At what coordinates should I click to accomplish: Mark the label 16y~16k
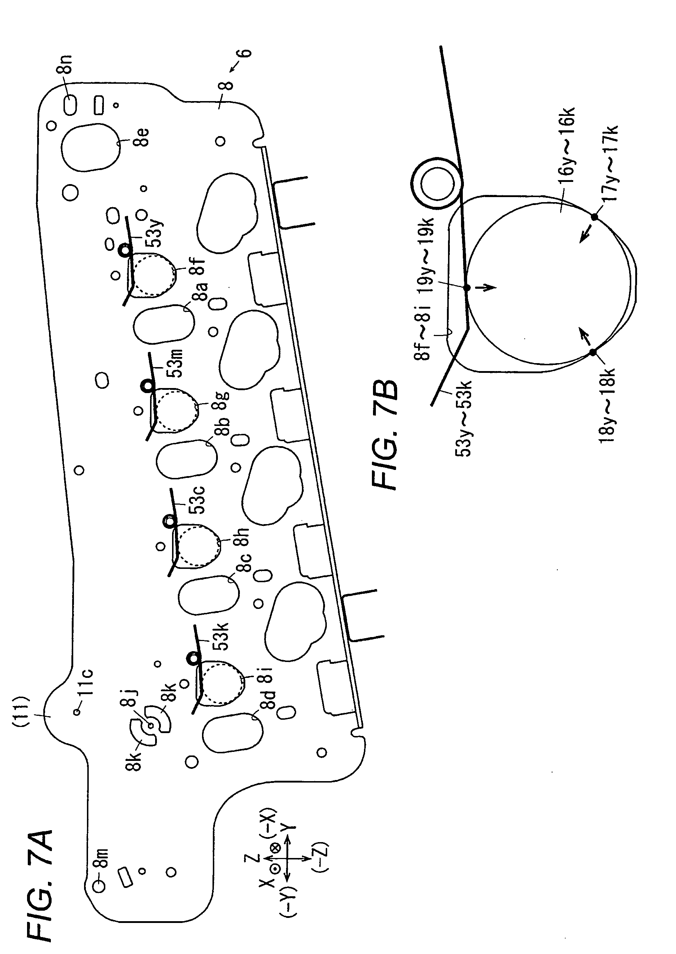569,145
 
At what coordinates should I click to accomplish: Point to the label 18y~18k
608,406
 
